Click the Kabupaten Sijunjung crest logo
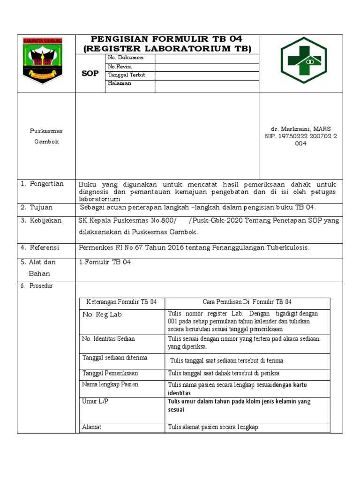click(x=43, y=60)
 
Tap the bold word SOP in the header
click(x=90, y=74)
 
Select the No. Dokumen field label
click(x=125, y=58)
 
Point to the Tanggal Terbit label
click(x=127, y=75)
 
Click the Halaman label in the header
click(x=120, y=83)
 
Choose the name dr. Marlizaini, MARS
click(x=300, y=129)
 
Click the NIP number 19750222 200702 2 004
click(x=300, y=140)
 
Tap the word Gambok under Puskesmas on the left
click(x=46, y=142)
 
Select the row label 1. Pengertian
click(x=42, y=184)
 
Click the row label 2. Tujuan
click(x=37, y=207)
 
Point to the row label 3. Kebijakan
click(x=41, y=220)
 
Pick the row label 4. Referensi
click(x=41, y=247)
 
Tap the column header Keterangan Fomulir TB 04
click(x=120, y=302)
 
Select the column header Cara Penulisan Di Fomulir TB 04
click(x=247, y=302)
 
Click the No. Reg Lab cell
click(x=102, y=315)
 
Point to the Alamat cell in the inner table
click(x=92, y=427)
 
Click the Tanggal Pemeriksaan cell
click(x=110, y=374)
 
